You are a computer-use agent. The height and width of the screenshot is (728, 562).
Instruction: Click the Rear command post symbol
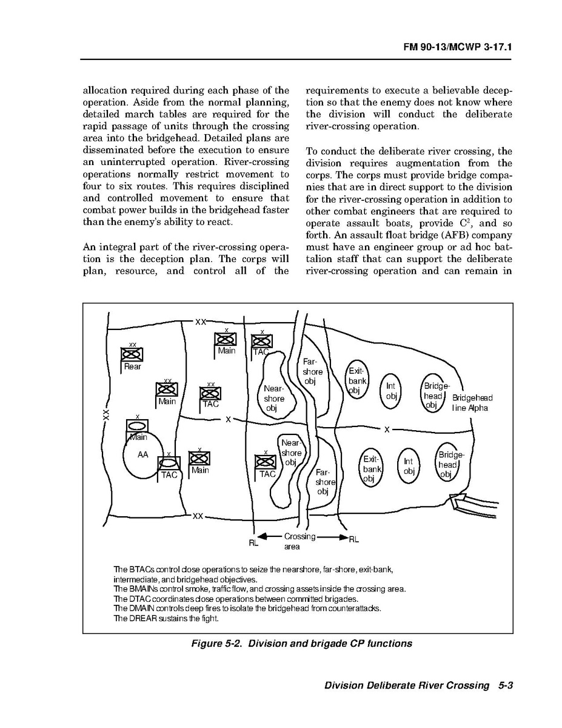pyautogui.click(x=131, y=354)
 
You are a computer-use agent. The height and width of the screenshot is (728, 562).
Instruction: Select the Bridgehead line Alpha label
pyautogui.click(x=472, y=403)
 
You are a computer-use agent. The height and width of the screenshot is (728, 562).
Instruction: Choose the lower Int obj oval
pyautogui.click(x=408, y=466)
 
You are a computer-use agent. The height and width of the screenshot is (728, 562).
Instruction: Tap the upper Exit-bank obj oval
pyautogui.click(x=356, y=381)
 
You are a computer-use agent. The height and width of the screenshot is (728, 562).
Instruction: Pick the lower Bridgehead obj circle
pyautogui.click(x=448, y=465)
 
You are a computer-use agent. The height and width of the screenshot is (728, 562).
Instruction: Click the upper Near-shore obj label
pyautogui.click(x=274, y=398)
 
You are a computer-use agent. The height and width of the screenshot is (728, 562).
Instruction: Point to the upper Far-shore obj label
pyautogui.click(x=312, y=371)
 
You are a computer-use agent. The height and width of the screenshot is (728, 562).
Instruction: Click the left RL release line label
pyautogui.click(x=253, y=543)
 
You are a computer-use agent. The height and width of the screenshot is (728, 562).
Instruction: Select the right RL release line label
pyautogui.click(x=354, y=539)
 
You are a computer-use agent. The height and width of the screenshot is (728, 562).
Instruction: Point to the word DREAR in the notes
pyautogui.click(x=143, y=619)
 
